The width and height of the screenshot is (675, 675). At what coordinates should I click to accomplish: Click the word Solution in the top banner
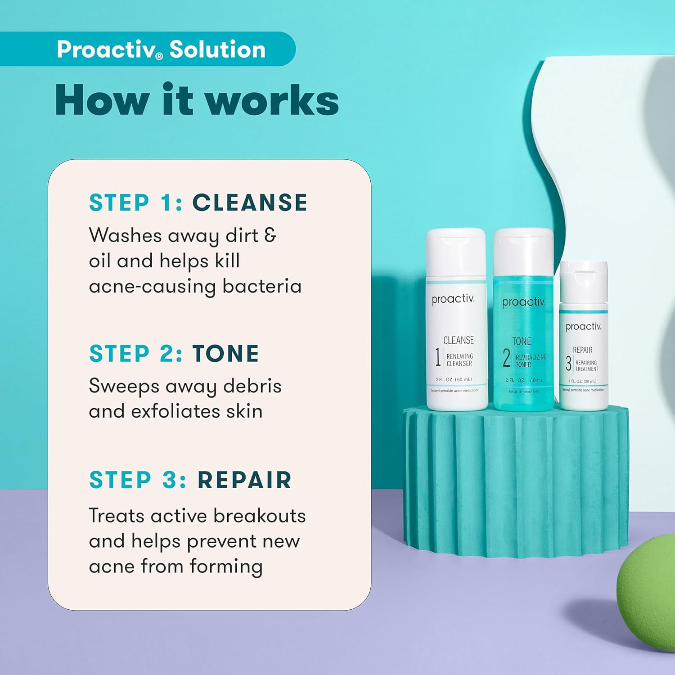click(x=217, y=49)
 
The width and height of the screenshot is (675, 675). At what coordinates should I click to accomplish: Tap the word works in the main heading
click(x=273, y=101)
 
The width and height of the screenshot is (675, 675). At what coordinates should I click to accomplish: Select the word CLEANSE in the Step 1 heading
click(x=250, y=202)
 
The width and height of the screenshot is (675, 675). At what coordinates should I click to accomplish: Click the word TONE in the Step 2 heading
click(x=225, y=354)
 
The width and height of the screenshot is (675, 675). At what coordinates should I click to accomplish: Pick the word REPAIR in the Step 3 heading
click(x=244, y=480)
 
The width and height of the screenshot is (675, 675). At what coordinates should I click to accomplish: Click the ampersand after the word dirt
click(x=270, y=235)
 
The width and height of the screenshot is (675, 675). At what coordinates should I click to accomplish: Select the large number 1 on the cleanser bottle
click(x=437, y=357)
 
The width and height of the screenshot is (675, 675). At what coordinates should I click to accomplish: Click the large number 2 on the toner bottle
click(x=506, y=358)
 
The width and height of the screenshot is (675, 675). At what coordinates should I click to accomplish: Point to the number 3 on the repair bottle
click(x=568, y=364)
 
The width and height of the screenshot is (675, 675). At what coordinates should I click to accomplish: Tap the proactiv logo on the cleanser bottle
click(x=453, y=299)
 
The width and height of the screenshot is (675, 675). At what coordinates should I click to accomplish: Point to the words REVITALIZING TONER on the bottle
click(x=530, y=360)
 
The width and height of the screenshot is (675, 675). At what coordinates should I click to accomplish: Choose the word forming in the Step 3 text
click(x=226, y=567)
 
